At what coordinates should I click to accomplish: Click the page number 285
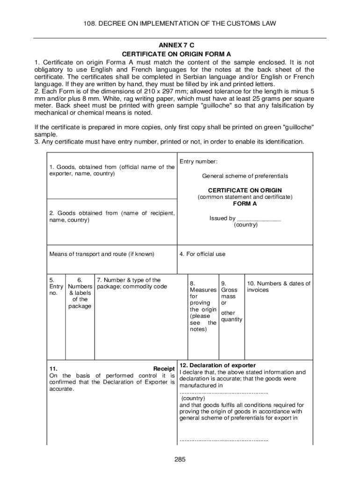[x=180, y=459]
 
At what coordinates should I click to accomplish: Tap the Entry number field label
[x=198, y=161]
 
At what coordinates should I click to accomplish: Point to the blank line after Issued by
[x=259, y=218]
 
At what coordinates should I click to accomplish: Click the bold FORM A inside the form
[x=245, y=204]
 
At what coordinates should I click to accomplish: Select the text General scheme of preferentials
[x=245, y=176]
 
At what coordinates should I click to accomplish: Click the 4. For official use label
[x=202, y=254]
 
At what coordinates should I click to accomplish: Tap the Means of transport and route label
[x=101, y=254]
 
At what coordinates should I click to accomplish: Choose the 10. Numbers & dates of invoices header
[x=279, y=286]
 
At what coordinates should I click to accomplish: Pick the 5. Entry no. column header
[x=56, y=286]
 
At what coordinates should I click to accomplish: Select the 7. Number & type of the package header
[x=132, y=283]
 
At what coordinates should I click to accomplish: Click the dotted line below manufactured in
[x=223, y=392]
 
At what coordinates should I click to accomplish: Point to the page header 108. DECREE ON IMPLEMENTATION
[x=180, y=23]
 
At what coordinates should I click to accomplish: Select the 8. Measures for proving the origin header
[x=203, y=306]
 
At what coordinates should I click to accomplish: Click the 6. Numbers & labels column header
[x=79, y=293]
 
